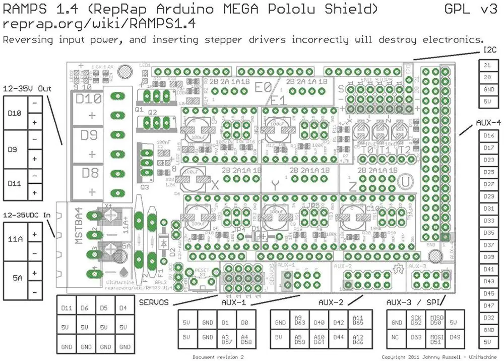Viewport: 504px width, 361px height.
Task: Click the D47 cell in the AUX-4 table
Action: [488, 305]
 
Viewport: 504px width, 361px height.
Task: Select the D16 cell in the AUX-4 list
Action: [488, 135]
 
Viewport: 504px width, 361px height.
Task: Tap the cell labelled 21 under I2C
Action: [487, 65]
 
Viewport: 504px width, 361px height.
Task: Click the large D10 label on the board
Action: [89, 99]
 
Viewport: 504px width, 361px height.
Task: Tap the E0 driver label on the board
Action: [263, 87]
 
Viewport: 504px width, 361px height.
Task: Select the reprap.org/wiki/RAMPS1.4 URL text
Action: [99, 24]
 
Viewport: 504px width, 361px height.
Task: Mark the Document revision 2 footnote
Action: [218, 357]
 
